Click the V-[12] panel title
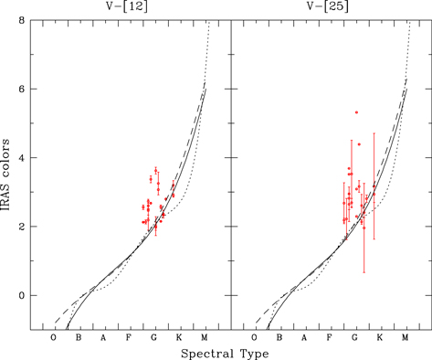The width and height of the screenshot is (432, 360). [x=127, y=6]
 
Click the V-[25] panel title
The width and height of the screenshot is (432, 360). [x=328, y=6]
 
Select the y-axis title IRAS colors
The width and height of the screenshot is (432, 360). [x=5, y=175]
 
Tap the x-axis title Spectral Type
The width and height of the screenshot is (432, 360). [x=225, y=354]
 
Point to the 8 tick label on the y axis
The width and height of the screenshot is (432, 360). [x=22, y=21]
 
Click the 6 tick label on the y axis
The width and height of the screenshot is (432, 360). [x=22, y=90]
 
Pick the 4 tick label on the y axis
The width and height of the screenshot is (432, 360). [x=22, y=158]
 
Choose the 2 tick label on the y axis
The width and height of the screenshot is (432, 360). [x=22, y=227]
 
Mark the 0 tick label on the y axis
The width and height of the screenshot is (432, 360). [x=22, y=295]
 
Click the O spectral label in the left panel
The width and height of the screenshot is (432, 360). [x=54, y=337]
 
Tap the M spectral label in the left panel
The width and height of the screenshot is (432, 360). [x=204, y=337]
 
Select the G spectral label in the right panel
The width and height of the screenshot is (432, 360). [x=354, y=337]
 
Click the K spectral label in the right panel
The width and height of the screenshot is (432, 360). [x=380, y=337]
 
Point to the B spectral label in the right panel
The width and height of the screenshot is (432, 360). [x=279, y=337]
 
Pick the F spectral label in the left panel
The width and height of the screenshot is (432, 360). [x=129, y=337]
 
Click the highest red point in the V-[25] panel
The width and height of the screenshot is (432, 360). [x=356, y=112]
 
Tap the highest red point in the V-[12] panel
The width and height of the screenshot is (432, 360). [x=156, y=171]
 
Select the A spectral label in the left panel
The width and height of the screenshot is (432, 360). [x=103, y=337]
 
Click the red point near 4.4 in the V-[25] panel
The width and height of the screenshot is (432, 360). [x=359, y=144]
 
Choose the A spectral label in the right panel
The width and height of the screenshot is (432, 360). [x=304, y=337]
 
